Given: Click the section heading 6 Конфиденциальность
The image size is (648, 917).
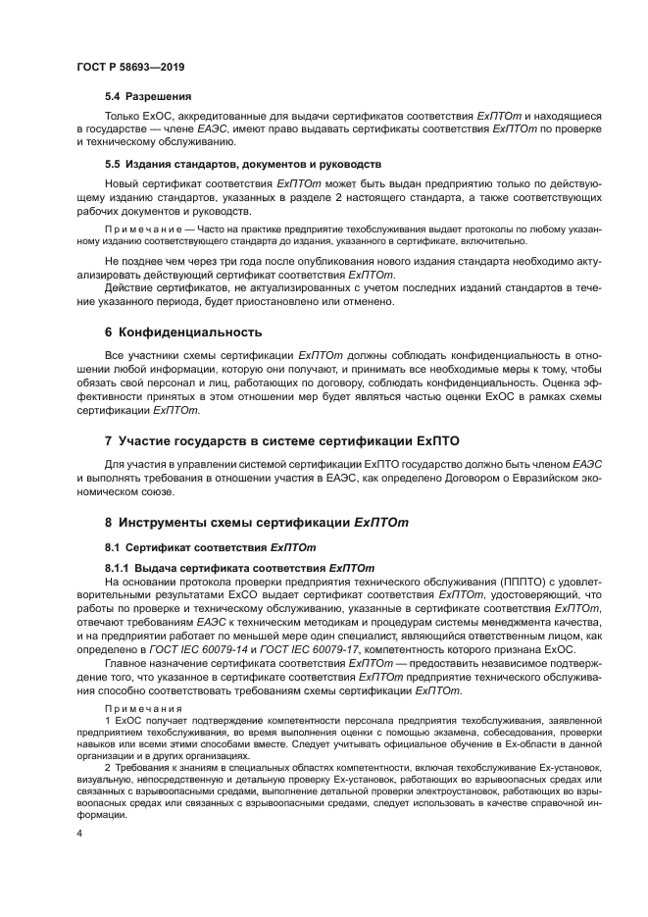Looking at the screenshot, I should click(183, 331).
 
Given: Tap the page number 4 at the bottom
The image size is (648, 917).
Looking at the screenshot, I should click(79, 832).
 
